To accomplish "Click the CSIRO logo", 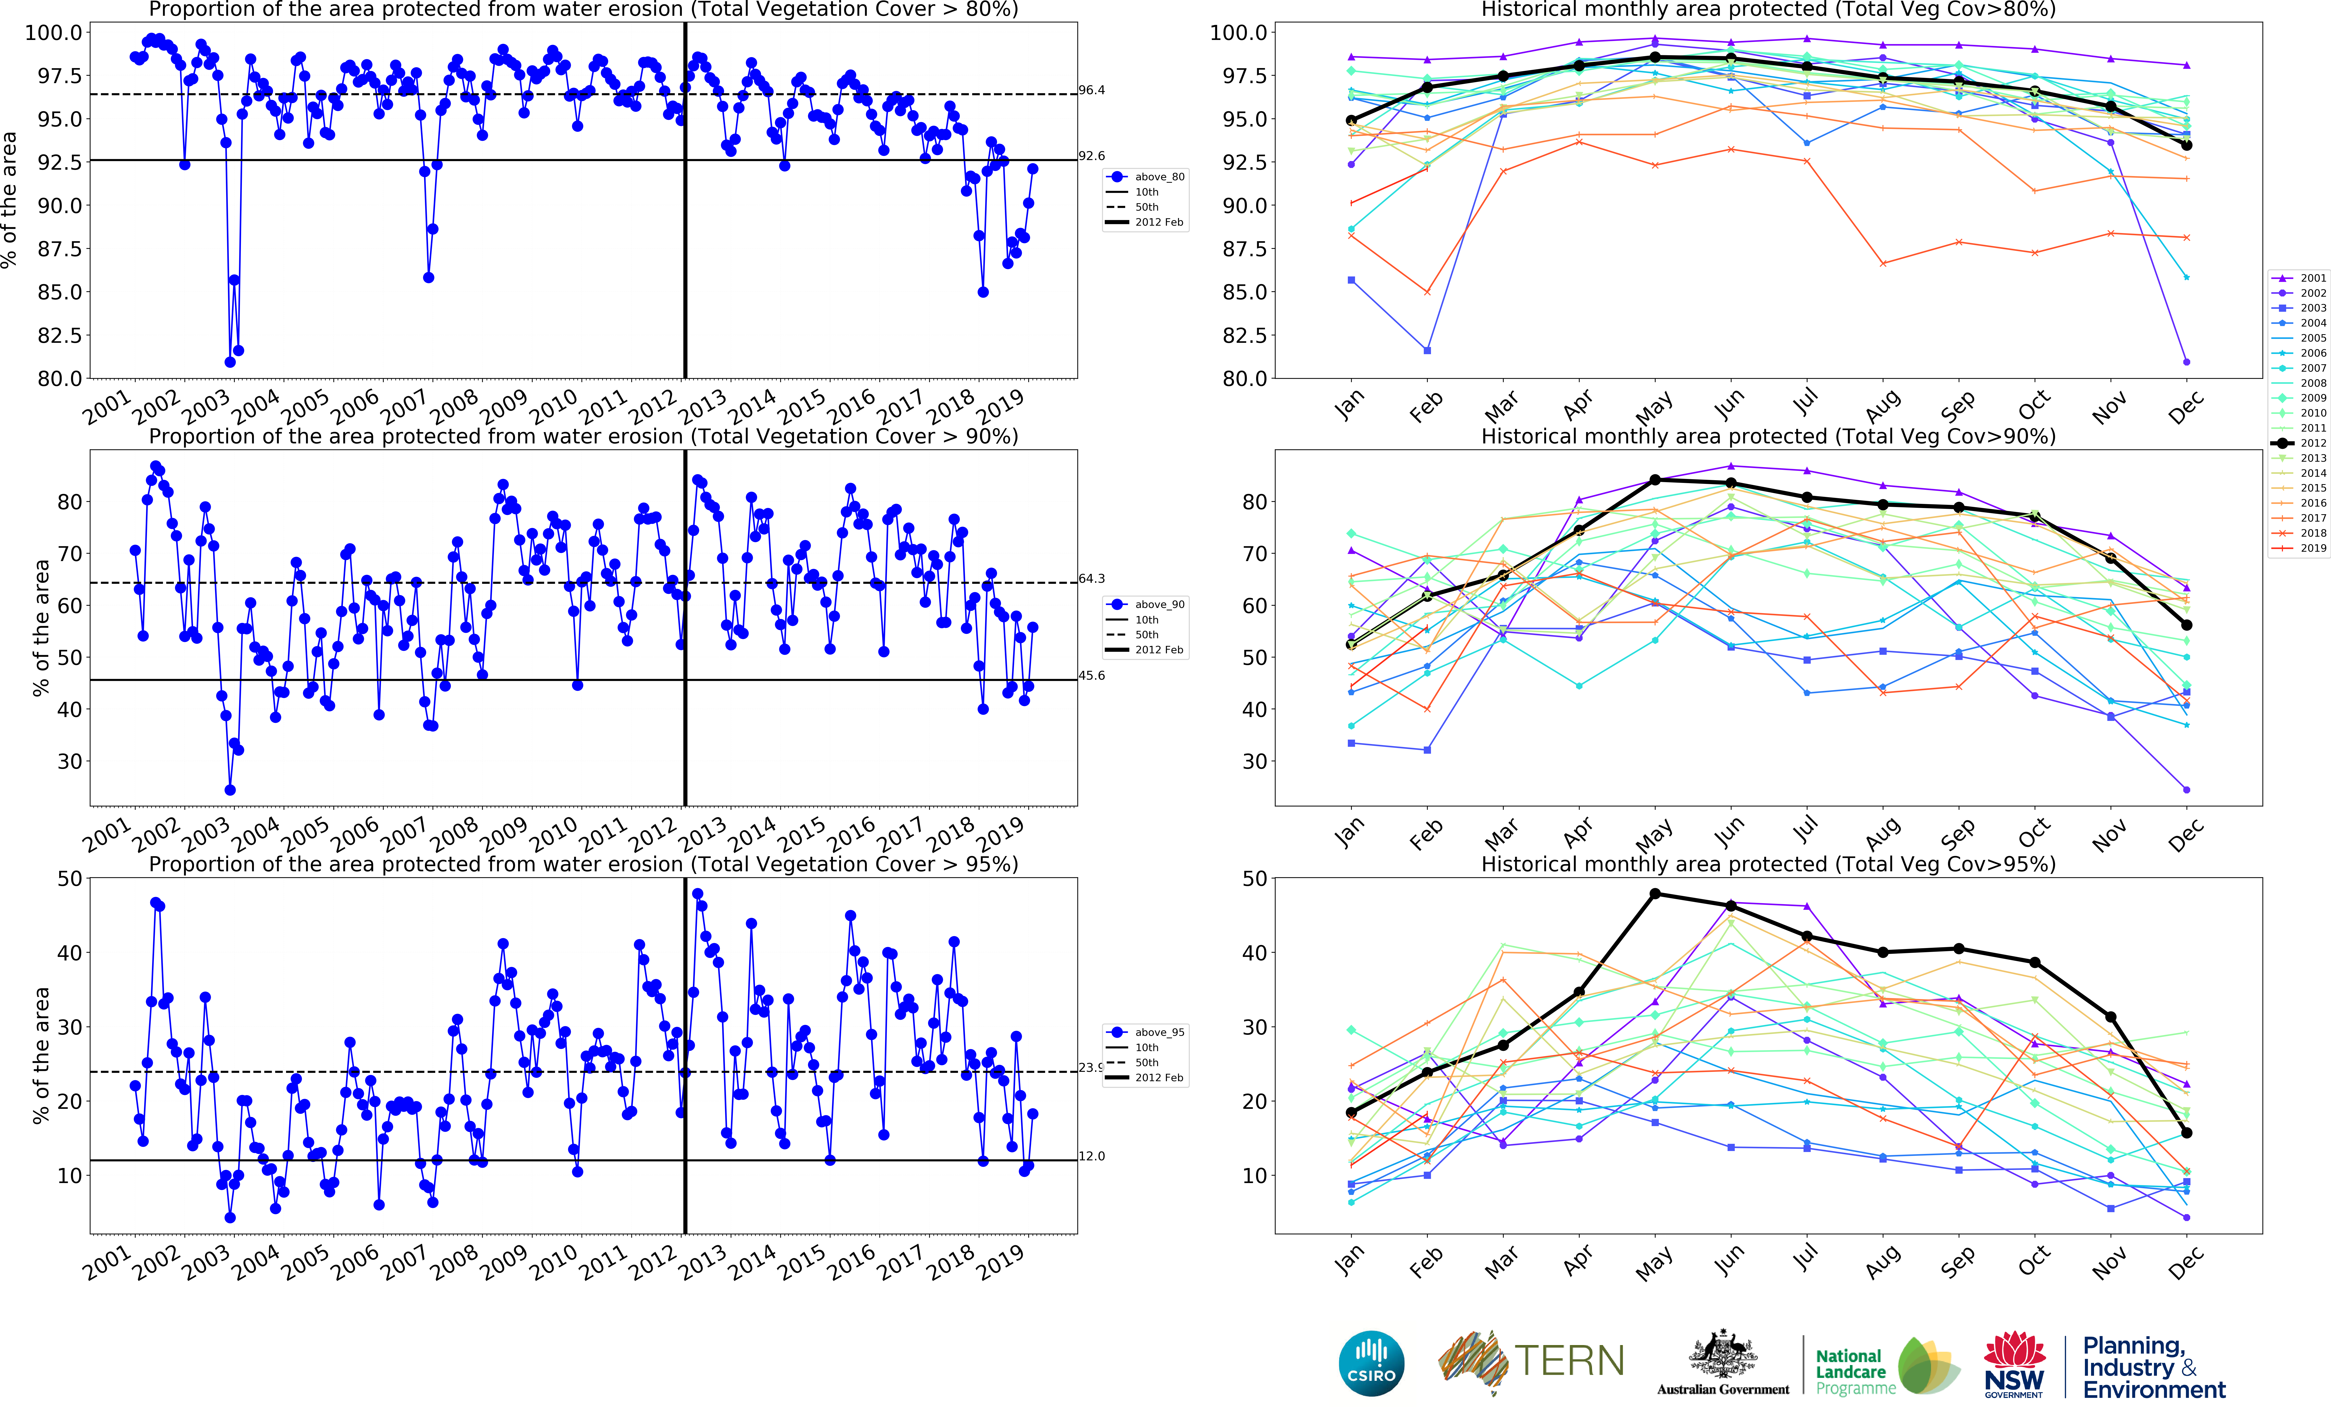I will [1371, 1363].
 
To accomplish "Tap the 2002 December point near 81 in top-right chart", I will [2186, 362].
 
